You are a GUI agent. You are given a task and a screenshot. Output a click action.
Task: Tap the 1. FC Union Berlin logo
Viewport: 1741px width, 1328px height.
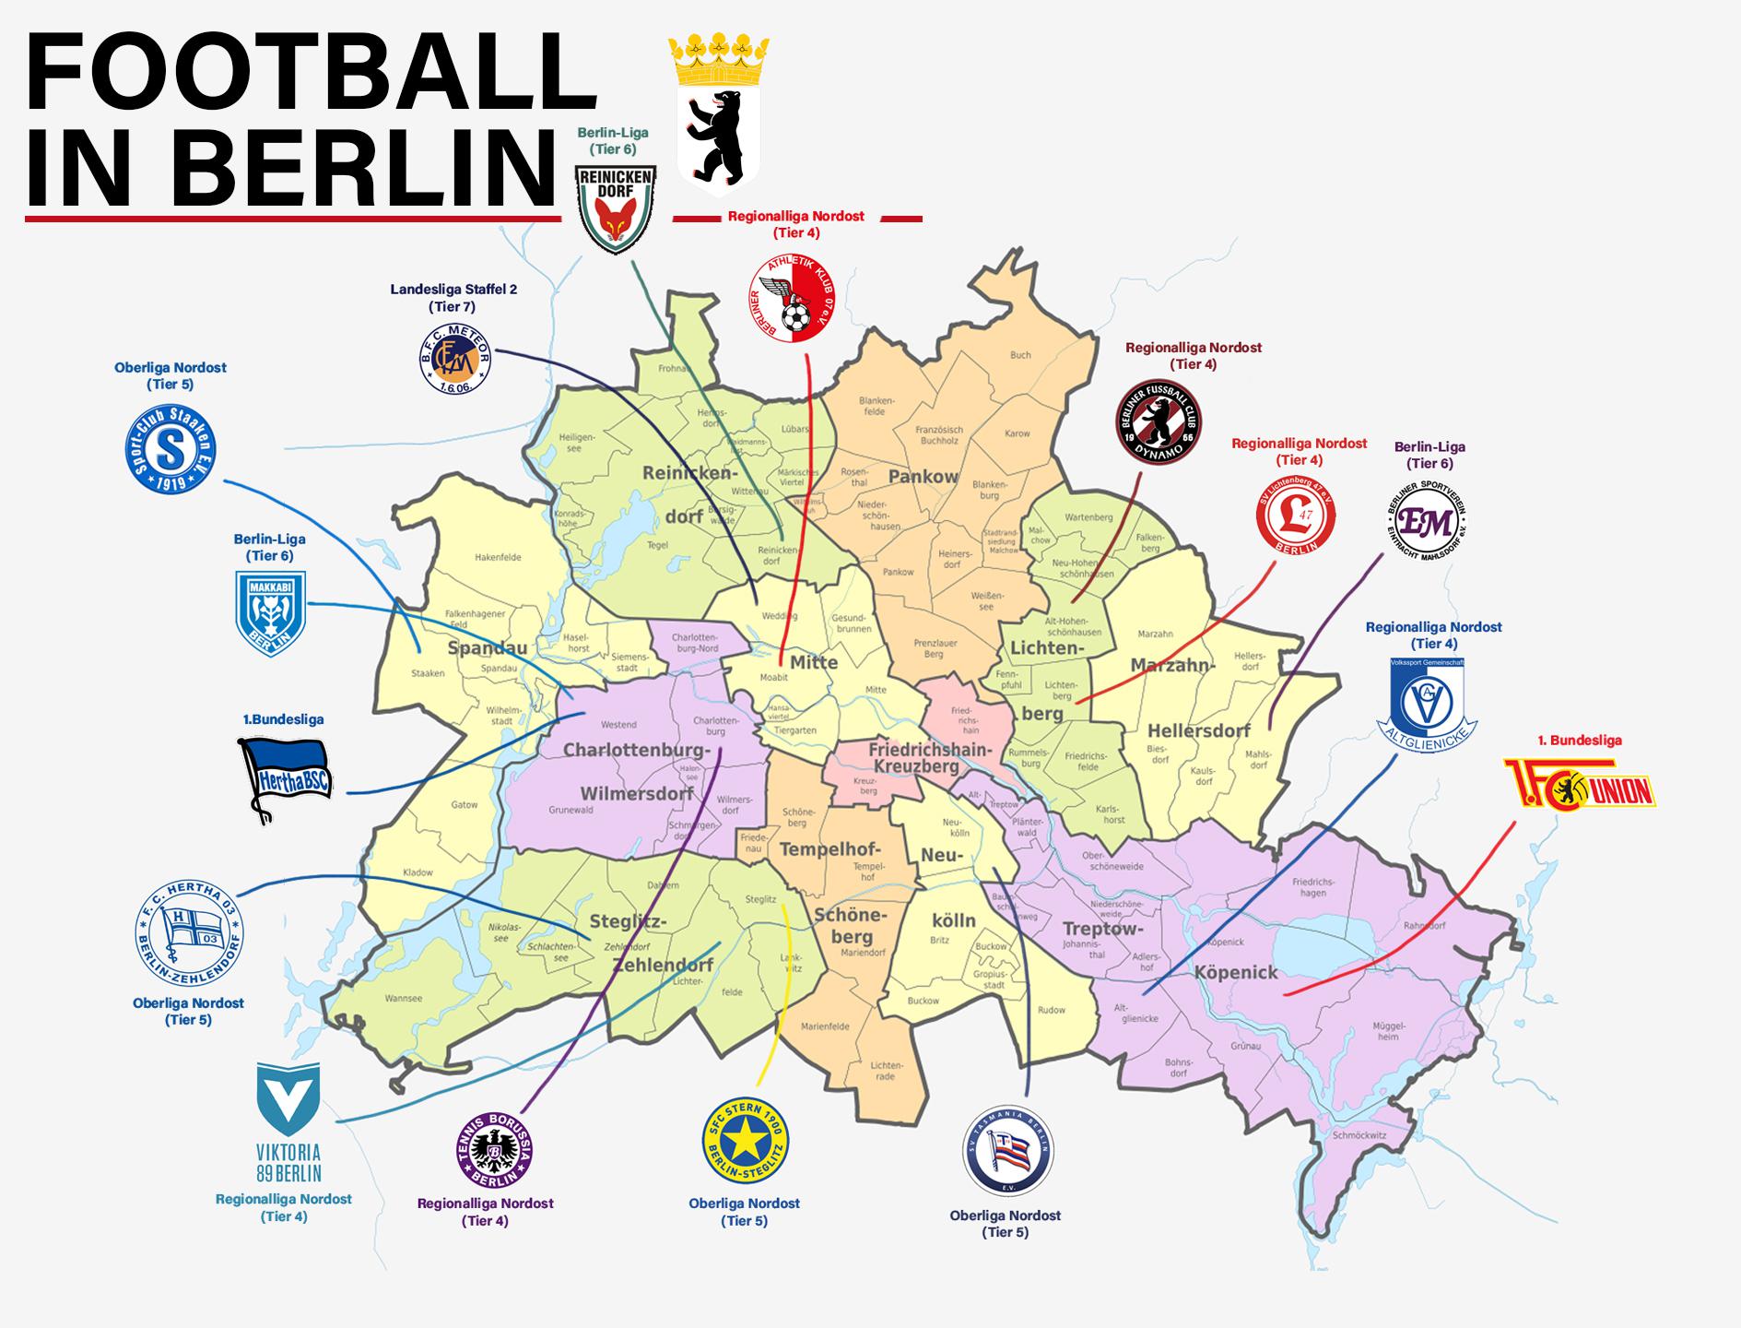tap(1579, 784)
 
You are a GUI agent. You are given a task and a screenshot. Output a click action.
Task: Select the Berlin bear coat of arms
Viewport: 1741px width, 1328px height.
tap(718, 111)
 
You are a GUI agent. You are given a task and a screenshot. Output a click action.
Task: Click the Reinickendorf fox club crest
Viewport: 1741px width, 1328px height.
tap(616, 208)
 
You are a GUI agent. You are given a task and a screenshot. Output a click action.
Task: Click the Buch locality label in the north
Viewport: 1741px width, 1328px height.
tap(1020, 355)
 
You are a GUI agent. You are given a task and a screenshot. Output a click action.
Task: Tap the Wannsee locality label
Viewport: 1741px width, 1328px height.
tap(405, 998)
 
